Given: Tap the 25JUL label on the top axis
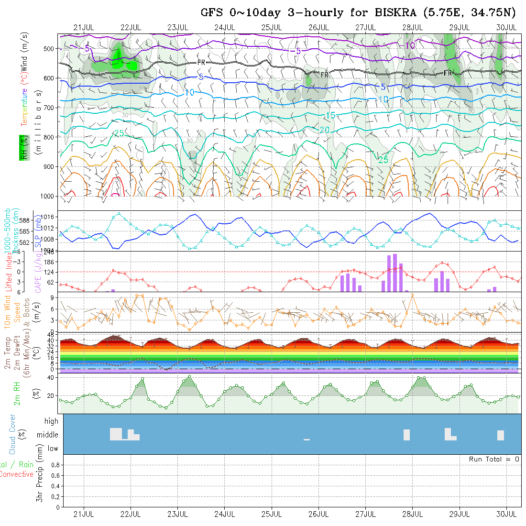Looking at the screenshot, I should point(271,27).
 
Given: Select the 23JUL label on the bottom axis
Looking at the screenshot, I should point(177,514).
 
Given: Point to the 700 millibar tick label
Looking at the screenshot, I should point(49,108).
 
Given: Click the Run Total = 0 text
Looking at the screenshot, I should point(494,459).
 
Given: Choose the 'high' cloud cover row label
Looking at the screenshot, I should point(51,421).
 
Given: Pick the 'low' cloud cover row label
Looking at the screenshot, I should point(53,449).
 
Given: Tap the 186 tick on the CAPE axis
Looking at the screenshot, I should point(52,262).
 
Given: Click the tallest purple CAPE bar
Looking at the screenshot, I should point(395,273).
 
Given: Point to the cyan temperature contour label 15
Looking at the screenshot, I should point(330,116).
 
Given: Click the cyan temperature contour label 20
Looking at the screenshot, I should point(325,130).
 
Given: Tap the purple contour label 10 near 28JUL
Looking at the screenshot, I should point(410,45).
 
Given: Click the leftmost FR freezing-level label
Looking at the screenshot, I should point(201,63).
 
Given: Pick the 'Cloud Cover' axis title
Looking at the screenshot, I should point(12,434).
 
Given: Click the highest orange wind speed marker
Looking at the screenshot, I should point(412,295).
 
